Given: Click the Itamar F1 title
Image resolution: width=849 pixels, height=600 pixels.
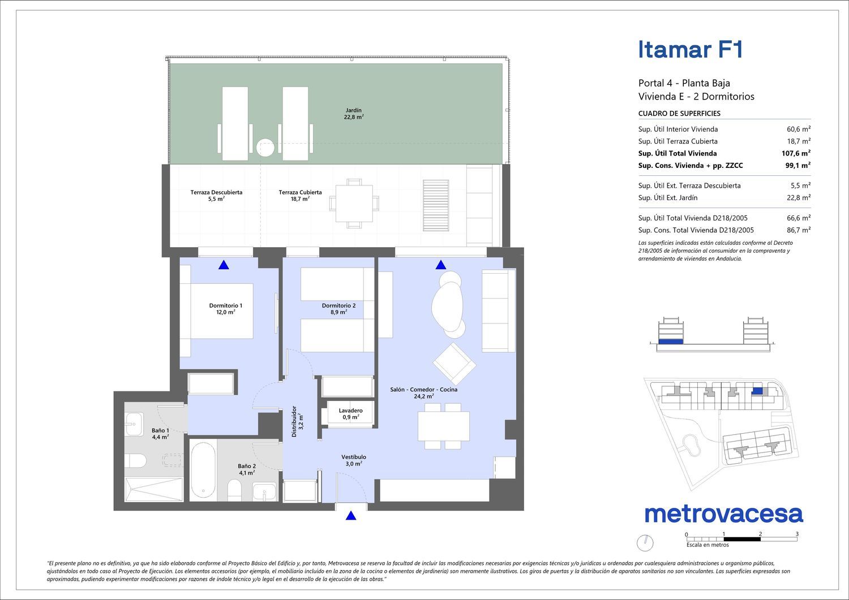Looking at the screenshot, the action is click(x=690, y=50).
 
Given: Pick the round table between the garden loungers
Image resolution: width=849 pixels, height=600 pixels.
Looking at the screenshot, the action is click(x=265, y=148).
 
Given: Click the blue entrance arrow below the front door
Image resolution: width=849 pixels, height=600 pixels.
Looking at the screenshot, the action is click(x=351, y=516).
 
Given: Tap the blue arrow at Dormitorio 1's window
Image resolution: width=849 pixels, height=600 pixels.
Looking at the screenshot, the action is click(x=224, y=265).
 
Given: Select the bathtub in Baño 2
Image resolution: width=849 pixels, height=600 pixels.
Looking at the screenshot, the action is click(x=204, y=470).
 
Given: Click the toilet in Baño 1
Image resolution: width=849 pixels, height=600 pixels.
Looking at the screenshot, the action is click(x=135, y=461).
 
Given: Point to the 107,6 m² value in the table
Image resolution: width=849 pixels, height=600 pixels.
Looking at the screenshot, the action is click(x=796, y=153).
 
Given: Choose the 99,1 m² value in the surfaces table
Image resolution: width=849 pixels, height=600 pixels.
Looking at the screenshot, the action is click(x=798, y=166).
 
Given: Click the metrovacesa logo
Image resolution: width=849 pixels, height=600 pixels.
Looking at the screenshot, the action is click(x=724, y=514).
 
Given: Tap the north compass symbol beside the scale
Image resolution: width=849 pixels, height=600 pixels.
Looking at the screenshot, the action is click(x=645, y=543).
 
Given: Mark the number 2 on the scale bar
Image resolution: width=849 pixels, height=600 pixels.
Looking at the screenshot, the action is click(x=760, y=534).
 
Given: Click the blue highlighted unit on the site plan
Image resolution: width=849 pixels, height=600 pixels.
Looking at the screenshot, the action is click(x=757, y=391).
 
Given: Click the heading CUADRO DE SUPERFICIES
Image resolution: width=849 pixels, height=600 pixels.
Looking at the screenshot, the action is click(x=679, y=113).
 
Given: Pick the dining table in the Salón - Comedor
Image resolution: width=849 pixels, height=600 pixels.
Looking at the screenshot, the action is click(x=443, y=426).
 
